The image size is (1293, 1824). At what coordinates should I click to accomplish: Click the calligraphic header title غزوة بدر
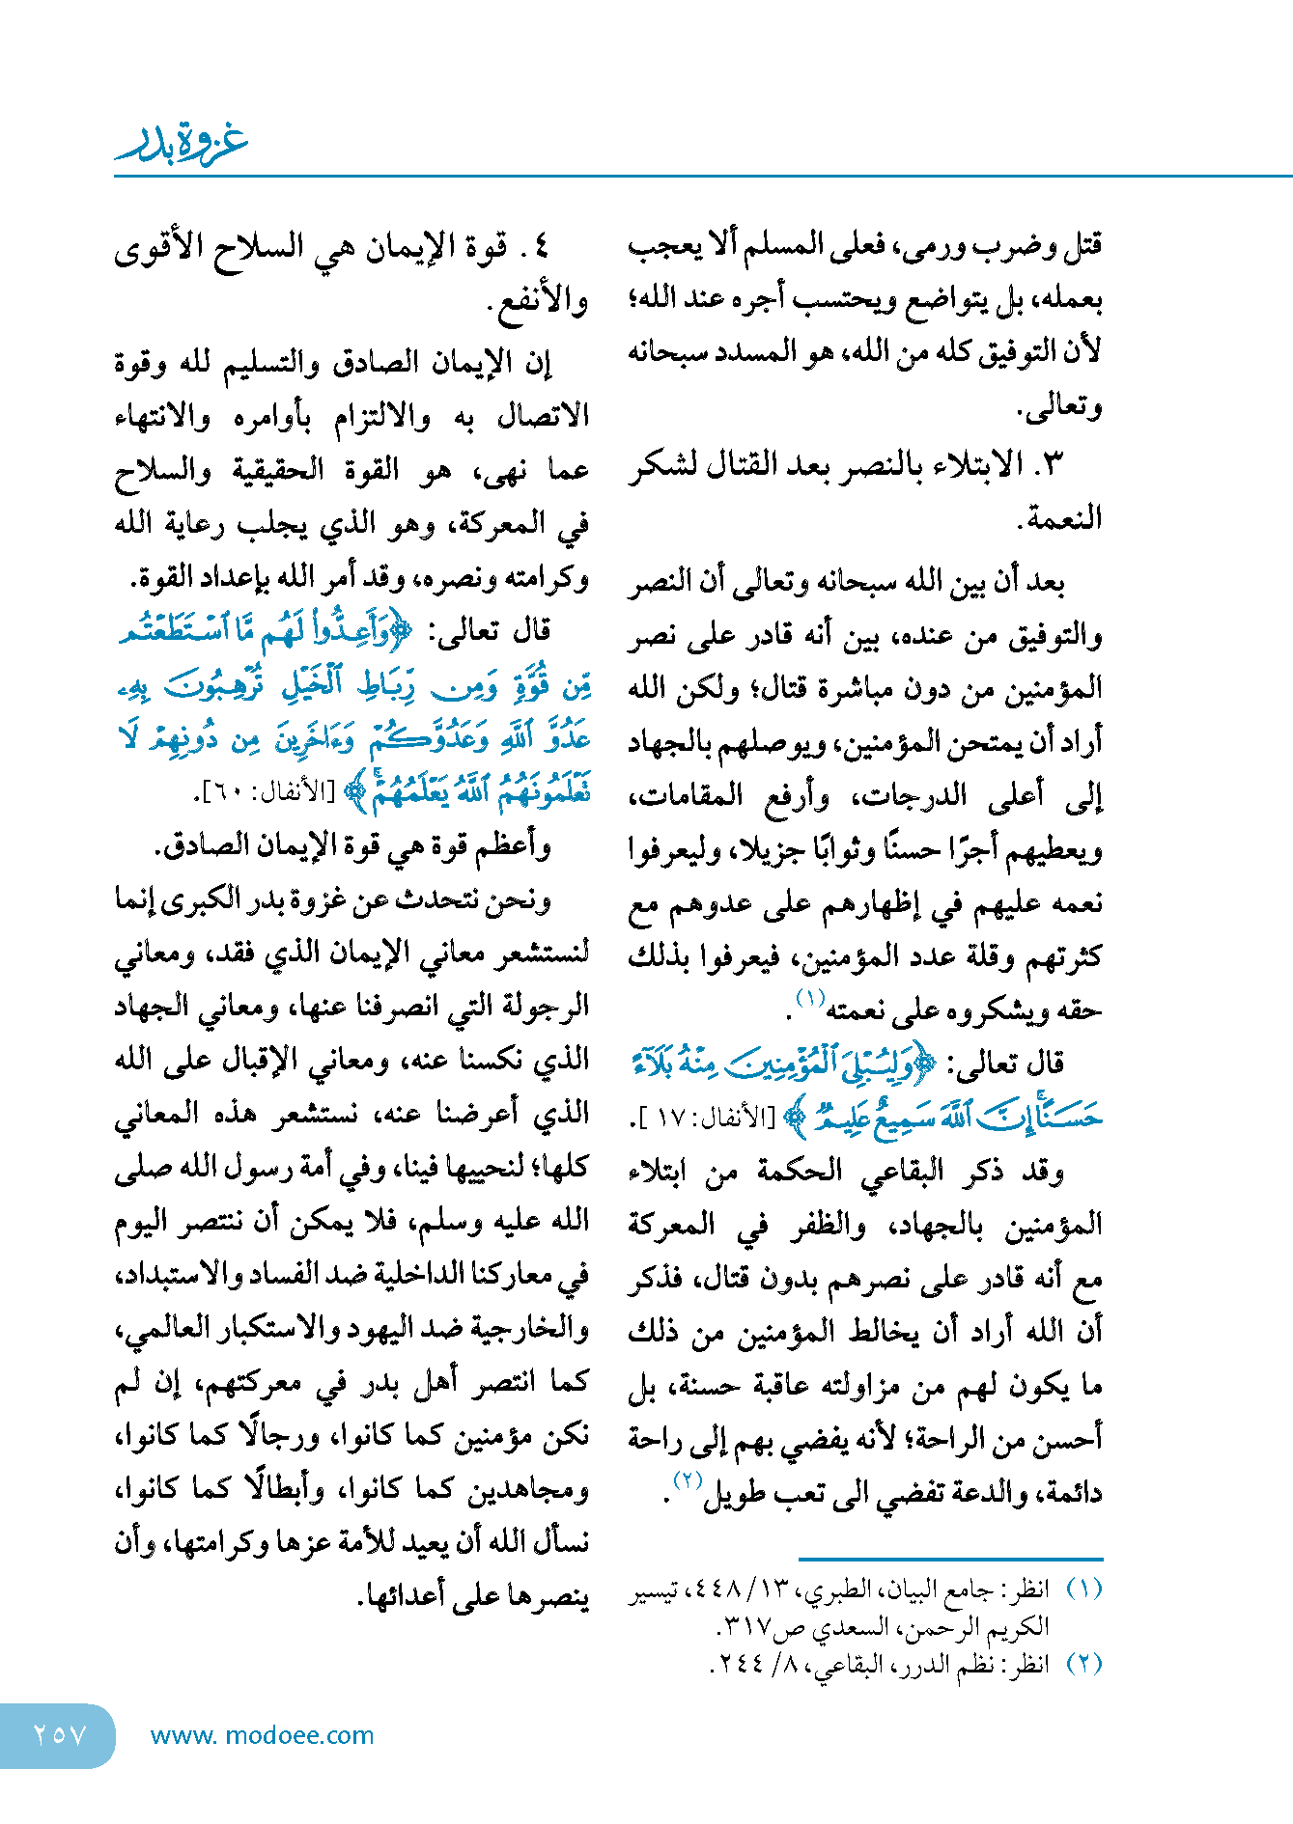click(x=182, y=144)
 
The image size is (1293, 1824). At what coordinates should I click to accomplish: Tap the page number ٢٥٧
click(x=60, y=1734)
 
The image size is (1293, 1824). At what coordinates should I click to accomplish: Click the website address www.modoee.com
click(x=263, y=1735)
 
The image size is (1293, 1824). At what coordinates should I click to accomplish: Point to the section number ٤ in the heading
click(x=540, y=247)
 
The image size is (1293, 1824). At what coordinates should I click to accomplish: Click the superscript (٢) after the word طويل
click(x=687, y=1480)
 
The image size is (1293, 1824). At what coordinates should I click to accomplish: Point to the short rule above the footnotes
click(x=950, y=1559)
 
